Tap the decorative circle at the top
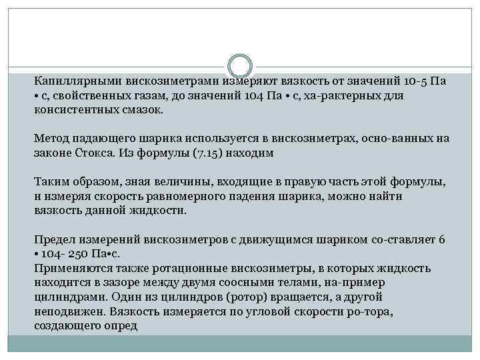pos(240,67)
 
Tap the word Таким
pos(51,182)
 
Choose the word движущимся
pos(259,239)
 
